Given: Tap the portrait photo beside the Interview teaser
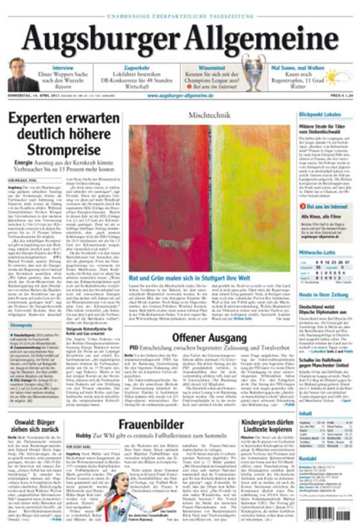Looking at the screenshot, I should click(x=22, y=75).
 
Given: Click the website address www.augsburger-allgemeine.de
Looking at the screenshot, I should click(x=180, y=95).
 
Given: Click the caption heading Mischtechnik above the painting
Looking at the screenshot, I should click(x=209, y=115).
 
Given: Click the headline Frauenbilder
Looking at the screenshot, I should click(x=151, y=424).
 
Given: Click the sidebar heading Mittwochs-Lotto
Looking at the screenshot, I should click(x=317, y=252).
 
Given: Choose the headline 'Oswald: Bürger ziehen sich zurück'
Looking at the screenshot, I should click(x=50, y=424).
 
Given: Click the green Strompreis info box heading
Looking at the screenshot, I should click(x=22, y=325).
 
